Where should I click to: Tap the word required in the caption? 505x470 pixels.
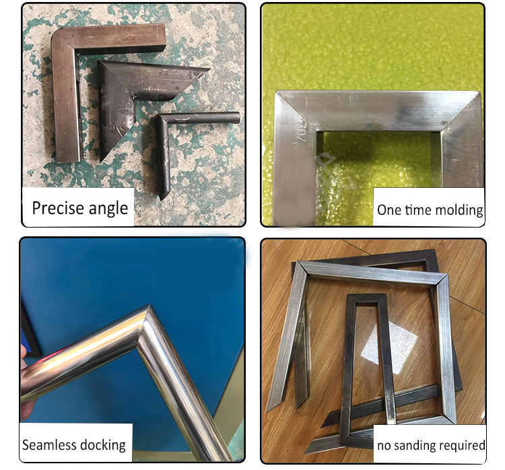click(462, 446)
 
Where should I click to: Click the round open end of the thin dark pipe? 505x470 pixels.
click(236, 117)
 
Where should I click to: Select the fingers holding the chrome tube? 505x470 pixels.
click(26, 380)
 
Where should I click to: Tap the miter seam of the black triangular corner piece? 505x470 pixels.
click(118, 81)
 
